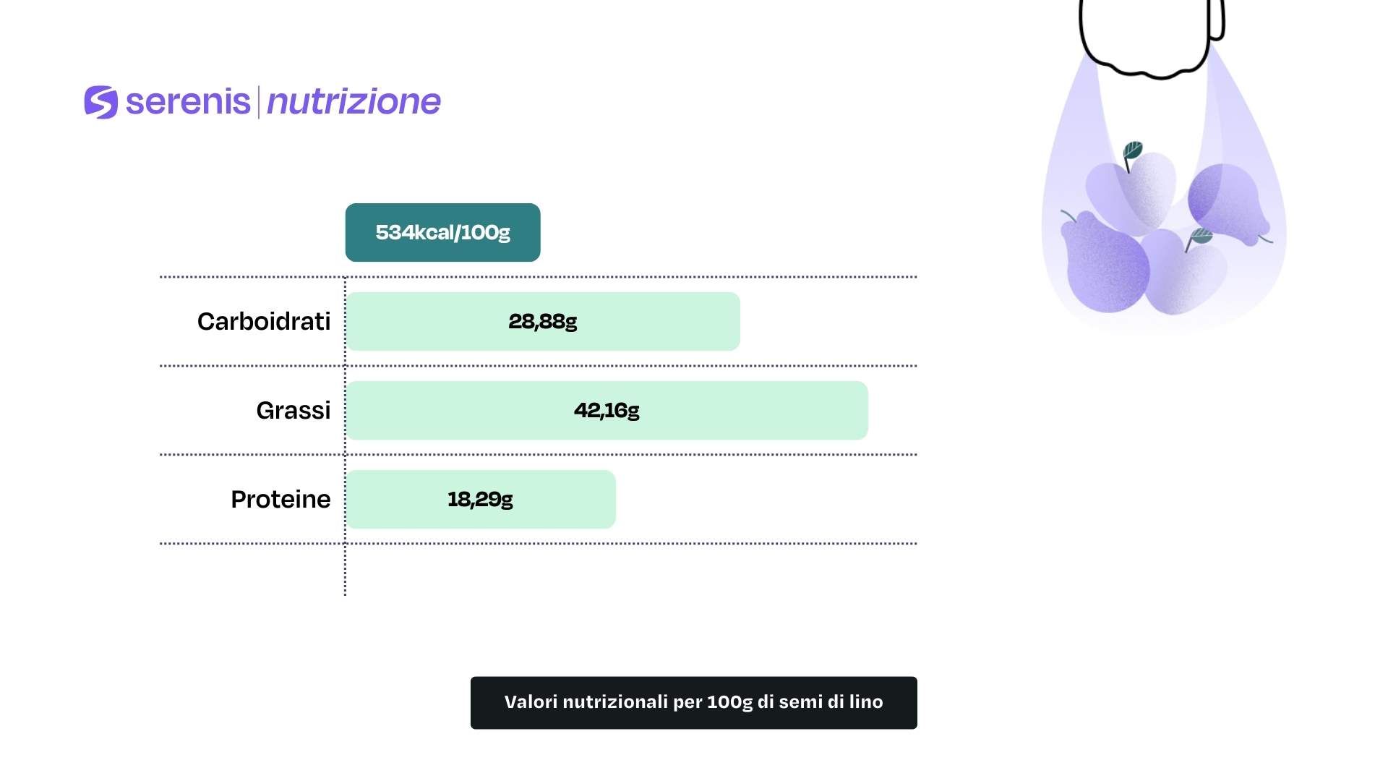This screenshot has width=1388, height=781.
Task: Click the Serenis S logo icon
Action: pyautogui.click(x=101, y=102)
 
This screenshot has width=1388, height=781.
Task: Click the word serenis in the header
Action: pyautogui.click(x=188, y=101)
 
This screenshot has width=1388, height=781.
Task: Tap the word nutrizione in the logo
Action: pyautogui.click(x=354, y=102)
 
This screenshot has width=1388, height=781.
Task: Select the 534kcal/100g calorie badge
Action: pyautogui.click(x=442, y=232)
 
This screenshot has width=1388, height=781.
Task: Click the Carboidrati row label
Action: pyautogui.click(x=264, y=321)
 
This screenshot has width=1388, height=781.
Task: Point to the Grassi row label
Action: pyautogui.click(x=294, y=410)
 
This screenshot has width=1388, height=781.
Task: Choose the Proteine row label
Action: pyautogui.click(x=280, y=499)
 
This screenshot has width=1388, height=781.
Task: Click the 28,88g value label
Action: pyautogui.click(x=543, y=321)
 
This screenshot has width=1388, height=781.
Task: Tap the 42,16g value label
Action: pyautogui.click(x=607, y=410)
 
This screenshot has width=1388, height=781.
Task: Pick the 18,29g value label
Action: pyautogui.click(x=480, y=499)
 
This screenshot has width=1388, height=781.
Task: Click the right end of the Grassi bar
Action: pyautogui.click(x=867, y=410)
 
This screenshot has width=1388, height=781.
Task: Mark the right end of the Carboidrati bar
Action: pyautogui.click(x=740, y=321)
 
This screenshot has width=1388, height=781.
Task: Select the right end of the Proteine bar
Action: pyautogui.click(x=615, y=499)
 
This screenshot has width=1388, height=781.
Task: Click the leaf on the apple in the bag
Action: pyautogui.click(x=1132, y=151)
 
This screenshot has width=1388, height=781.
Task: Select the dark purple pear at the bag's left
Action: pyautogui.click(x=1104, y=262)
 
